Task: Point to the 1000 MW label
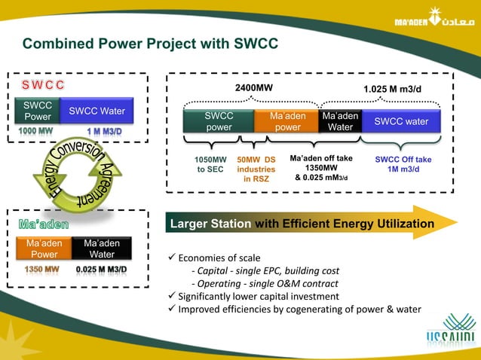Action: pyautogui.click(x=36, y=131)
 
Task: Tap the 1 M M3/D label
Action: pyautogui.click(x=105, y=131)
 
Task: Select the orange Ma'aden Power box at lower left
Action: pyautogui.click(x=44, y=249)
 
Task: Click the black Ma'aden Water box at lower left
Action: pyautogui.click(x=102, y=249)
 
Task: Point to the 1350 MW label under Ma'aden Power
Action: pyautogui.click(x=41, y=269)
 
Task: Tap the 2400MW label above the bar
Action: pyautogui.click(x=254, y=89)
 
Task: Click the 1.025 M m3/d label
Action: pyautogui.click(x=392, y=90)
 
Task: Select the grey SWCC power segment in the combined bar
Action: pyautogui.click(x=219, y=122)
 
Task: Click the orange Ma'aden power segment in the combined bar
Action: pyautogui.click(x=287, y=122)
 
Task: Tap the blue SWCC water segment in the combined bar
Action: pyautogui.click(x=401, y=121)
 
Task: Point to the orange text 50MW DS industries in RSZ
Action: pyautogui.click(x=256, y=169)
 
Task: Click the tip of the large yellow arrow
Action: pyautogui.click(x=455, y=223)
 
